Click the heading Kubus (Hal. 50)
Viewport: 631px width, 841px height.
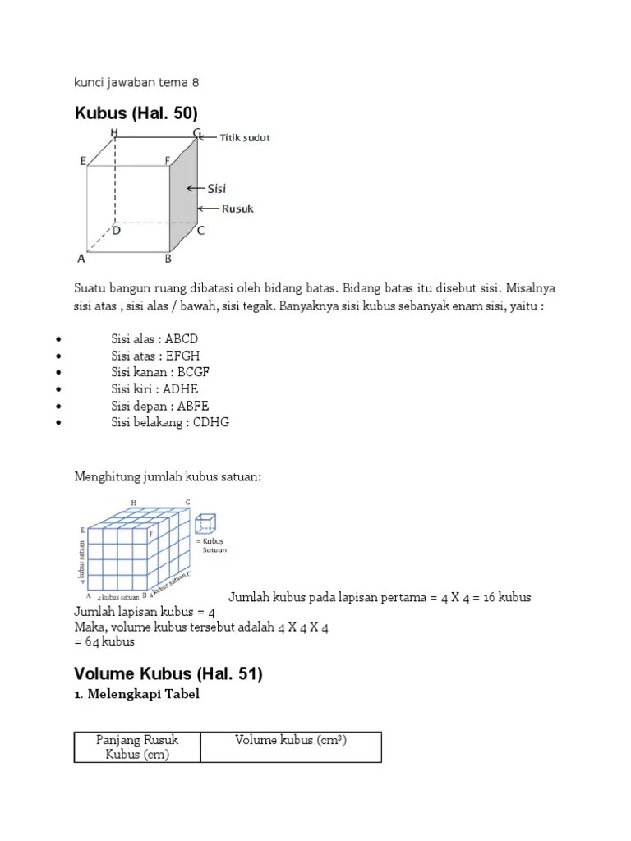coord(136,113)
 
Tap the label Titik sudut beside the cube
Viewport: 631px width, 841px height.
coord(245,137)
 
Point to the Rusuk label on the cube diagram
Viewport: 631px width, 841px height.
coord(237,209)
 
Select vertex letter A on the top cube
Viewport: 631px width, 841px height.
coord(81,259)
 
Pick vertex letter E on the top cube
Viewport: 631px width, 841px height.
coord(83,162)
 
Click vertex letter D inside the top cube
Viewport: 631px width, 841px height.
coord(117,231)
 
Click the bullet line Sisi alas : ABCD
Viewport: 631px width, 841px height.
coord(154,338)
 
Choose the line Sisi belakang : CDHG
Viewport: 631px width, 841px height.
coord(170,422)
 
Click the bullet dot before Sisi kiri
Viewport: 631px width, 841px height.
coord(58,389)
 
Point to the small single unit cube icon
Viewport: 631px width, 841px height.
coord(205,525)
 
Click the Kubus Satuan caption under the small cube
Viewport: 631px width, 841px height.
coord(212,545)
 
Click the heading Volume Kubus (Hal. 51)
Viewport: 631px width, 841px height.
coord(168,674)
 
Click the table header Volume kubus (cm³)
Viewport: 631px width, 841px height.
coord(291,740)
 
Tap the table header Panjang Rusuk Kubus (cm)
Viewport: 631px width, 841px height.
coord(137,747)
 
